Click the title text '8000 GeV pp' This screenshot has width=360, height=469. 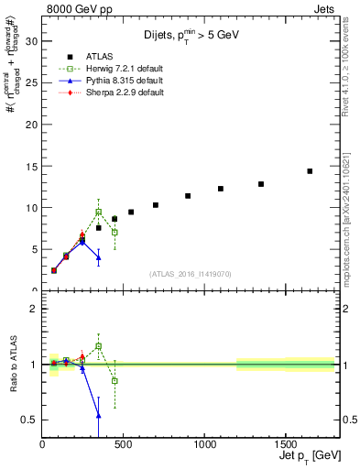[72, 8]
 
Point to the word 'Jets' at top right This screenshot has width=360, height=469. [327, 8]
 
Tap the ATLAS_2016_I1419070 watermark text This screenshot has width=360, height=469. [190, 273]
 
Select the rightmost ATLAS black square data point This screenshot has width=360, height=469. [310, 171]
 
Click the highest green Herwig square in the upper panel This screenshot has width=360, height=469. [98, 212]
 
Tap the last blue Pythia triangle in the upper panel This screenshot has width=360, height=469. [98, 257]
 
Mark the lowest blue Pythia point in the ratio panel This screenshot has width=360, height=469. [98, 415]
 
